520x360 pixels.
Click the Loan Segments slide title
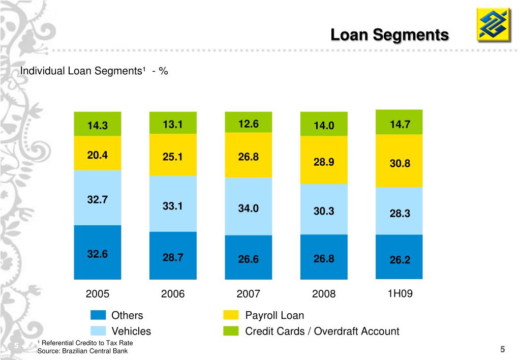tap(389, 35)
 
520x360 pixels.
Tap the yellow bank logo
tap(494, 24)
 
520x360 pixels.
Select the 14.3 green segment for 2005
tap(98, 124)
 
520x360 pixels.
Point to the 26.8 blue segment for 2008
tap(324, 257)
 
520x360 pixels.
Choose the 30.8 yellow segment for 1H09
tap(399, 161)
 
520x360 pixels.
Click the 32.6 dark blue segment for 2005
tap(98, 252)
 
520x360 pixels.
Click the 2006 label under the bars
tap(173, 294)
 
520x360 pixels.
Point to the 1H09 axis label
tap(400, 293)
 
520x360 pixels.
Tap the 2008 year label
tap(324, 294)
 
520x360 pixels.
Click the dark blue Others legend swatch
tap(98, 315)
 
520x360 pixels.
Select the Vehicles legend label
tap(131, 332)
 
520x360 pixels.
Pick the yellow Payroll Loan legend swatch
tap(231, 315)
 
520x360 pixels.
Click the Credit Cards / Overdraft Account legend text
tap(322, 332)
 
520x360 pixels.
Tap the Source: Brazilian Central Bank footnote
tap(83, 351)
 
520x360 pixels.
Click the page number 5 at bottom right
tap(502, 349)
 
